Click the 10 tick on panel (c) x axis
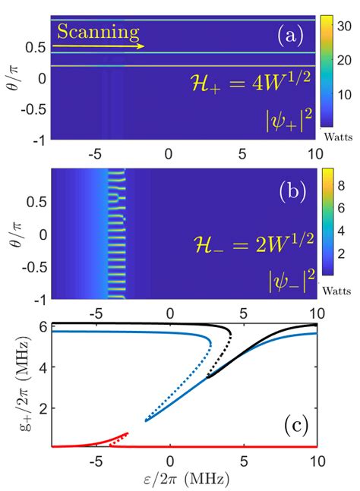coord(314,461)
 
